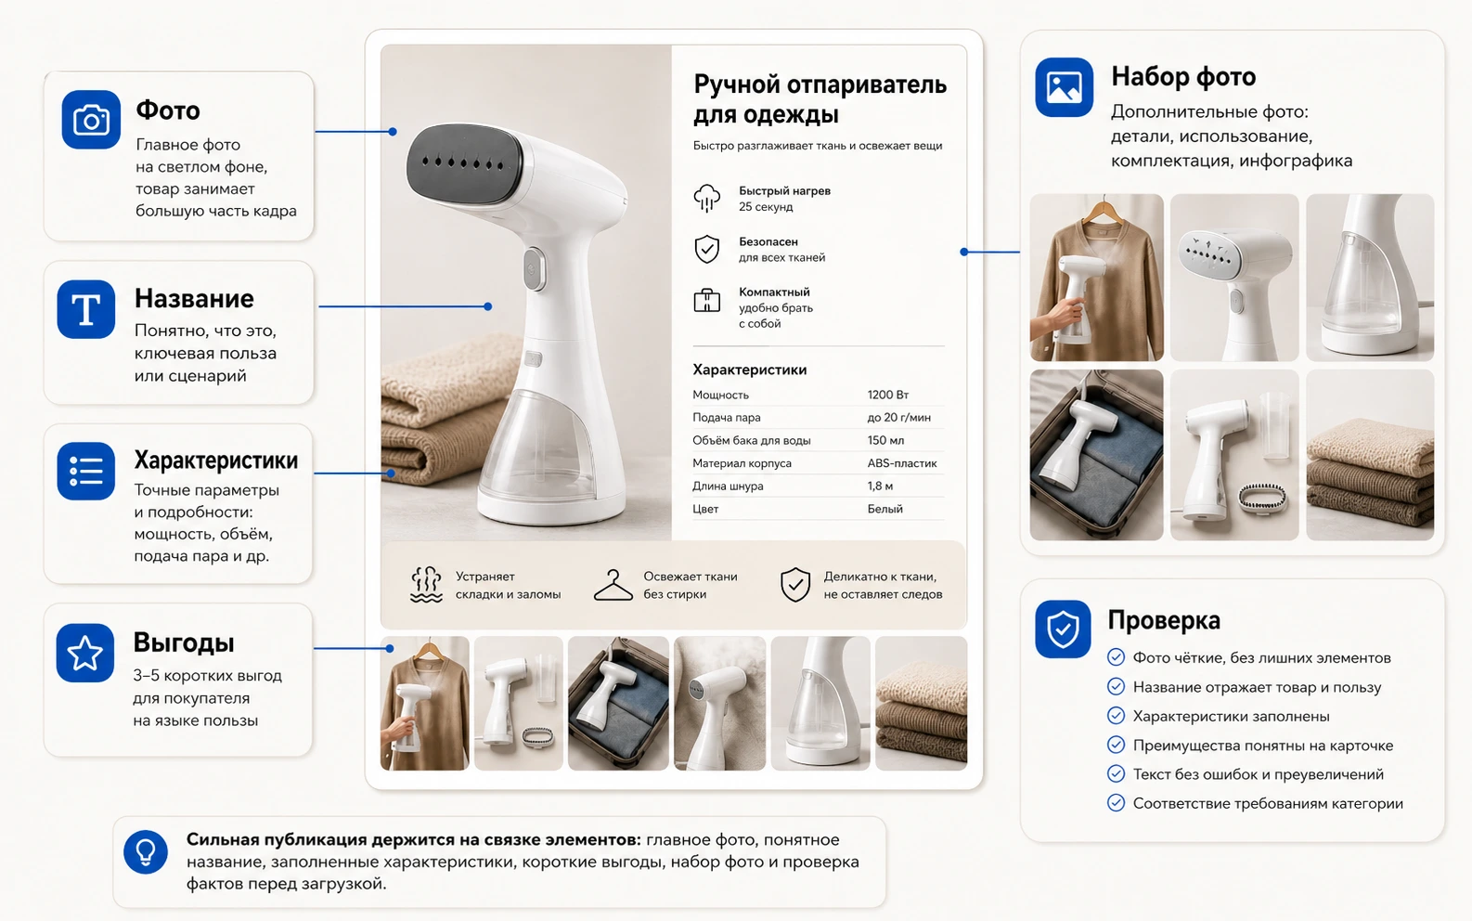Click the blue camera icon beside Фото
(x=91, y=120)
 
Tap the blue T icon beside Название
(x=86, y=309)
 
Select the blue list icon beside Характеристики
(x=86, y=471)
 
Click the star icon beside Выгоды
(x=84, y=653)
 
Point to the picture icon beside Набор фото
(x=1064, y=86)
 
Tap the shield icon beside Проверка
(x=1063, y=629)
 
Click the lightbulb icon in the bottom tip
(x=146, y=852)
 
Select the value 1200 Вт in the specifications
(x=888, y=395)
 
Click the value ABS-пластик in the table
(x=901, y=462)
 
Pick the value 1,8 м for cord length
(x=880, y=486)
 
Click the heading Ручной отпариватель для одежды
(x=820, y=99)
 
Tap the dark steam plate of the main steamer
(x=464, y=161)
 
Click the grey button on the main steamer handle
(x=535, y=268)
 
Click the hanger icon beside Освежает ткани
(x=613, y=584)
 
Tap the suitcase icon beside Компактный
(x=707, y=300)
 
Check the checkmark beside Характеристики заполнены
(x=1116, y=715)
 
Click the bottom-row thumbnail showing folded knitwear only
(x=921, y=703)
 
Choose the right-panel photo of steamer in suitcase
(x=1096, y=455)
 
